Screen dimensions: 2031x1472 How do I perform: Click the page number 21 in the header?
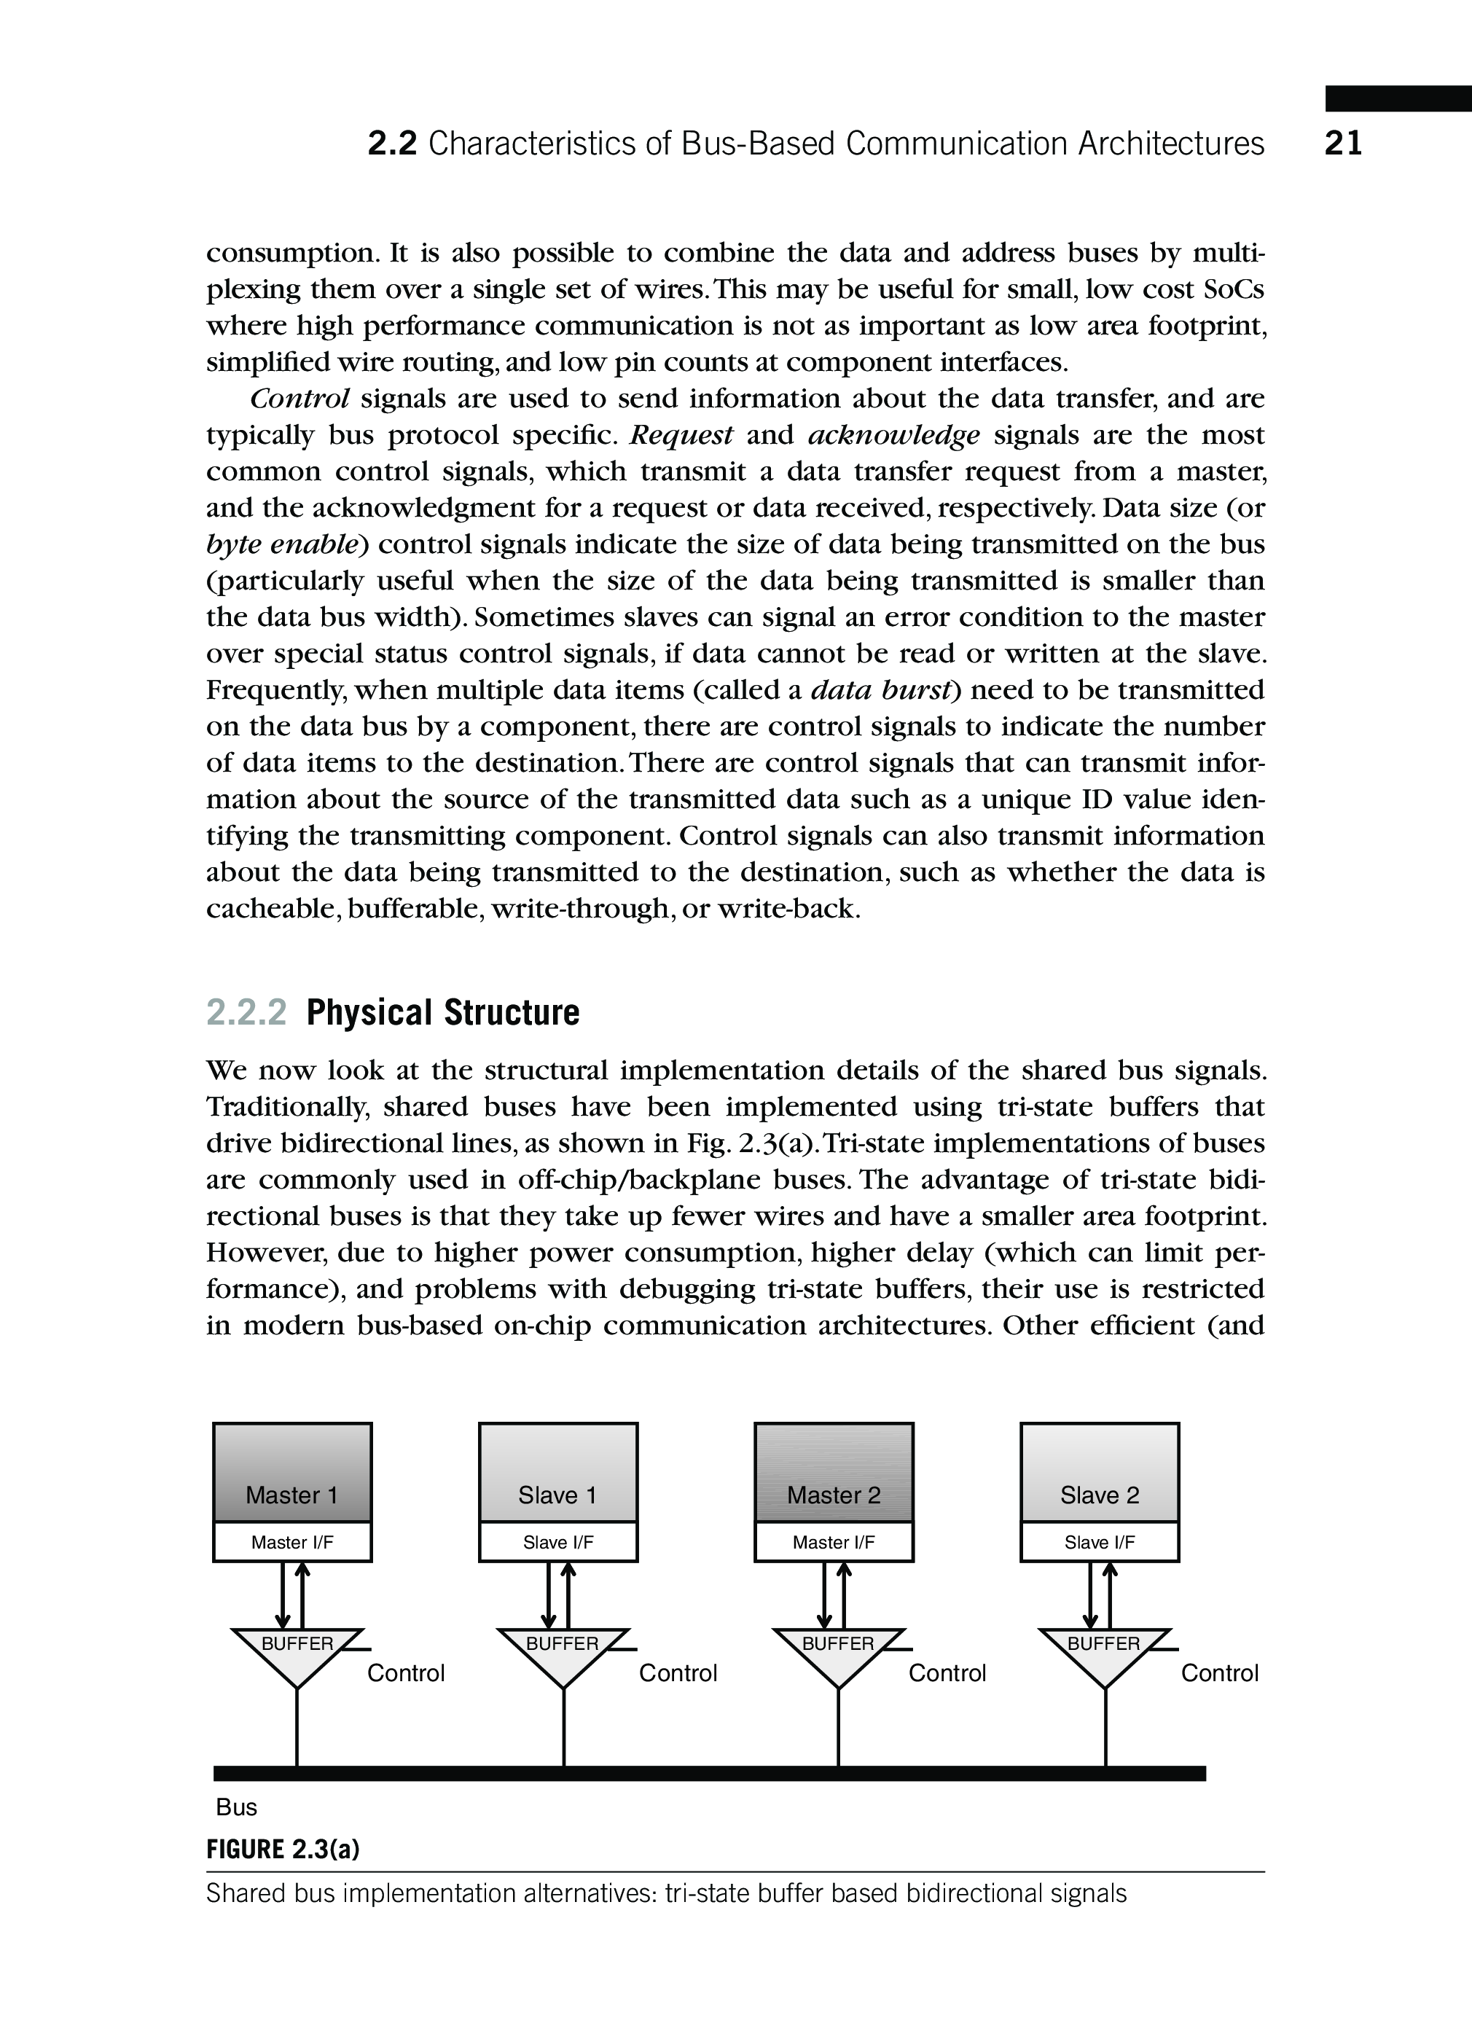point(1343,144)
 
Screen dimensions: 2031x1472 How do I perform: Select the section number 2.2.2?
point(246,1013)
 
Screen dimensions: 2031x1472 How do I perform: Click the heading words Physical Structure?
point(442,1013)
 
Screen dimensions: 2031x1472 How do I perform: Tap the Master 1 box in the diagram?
point(292,1472)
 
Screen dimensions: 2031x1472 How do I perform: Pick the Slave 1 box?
point(557,1472)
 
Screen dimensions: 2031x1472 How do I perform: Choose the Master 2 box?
point(834,1472)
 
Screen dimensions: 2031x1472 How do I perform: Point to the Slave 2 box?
point(1100,1472)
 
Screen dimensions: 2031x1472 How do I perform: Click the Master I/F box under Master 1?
point(292,1542)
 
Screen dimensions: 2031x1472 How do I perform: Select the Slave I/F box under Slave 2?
point(1100,1542)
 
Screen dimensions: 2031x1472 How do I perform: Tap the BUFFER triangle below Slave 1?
point(563,1652)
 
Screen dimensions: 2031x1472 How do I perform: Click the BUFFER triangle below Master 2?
point(838,1652)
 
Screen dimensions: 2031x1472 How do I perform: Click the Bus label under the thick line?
point(236,1807)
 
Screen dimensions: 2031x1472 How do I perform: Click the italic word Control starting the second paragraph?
point(300,399)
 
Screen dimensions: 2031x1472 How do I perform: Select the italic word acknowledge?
point(893,435)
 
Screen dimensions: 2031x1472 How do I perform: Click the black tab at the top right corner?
point(1398,98)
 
